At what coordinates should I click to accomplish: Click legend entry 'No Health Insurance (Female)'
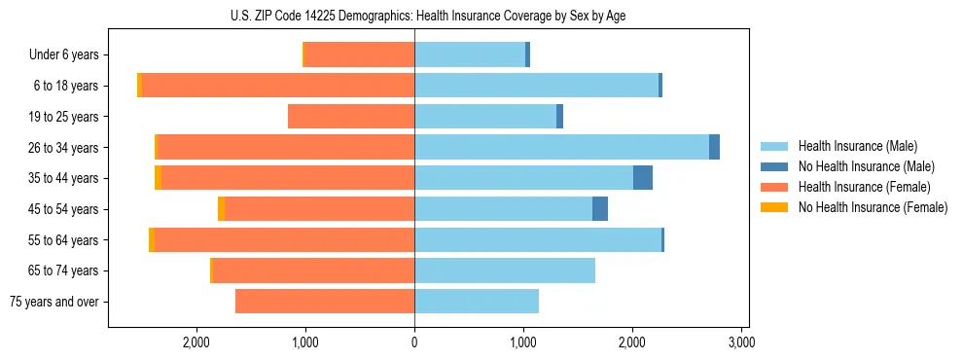coord(873,207)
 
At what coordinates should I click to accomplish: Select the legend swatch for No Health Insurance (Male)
coord(774,166)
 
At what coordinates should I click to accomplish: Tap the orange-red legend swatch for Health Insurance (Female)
coord(774,187)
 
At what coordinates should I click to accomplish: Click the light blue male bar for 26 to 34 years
coord(561,147)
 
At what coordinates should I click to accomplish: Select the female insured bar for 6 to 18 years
coord(278,86)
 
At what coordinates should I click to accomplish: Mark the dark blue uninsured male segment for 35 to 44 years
coord(643,178)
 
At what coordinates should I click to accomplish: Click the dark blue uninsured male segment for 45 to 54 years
coord(600,208)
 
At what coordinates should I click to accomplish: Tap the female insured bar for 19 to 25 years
coord(351,117)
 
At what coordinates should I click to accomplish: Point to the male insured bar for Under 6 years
coord(470,54)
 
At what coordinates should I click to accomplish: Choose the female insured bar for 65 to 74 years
coord(313,270)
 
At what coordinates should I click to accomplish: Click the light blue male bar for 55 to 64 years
coord(538,239)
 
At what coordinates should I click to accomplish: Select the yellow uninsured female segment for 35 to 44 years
coord(158,178)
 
